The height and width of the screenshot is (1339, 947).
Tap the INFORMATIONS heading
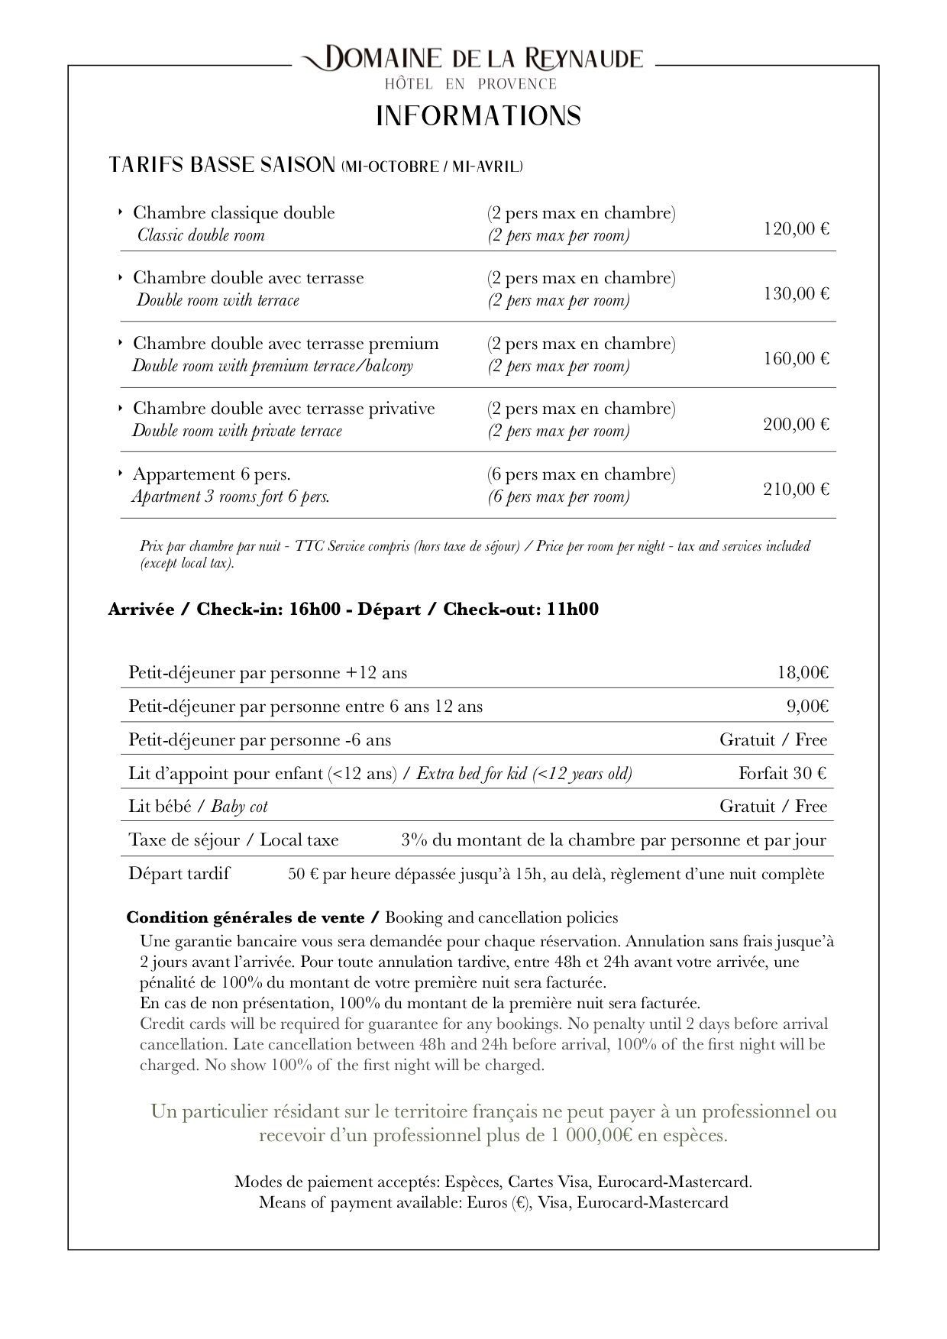(479, 116)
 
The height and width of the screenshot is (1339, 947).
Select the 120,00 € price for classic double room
(796, 228)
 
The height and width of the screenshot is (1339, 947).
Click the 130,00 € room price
(796, 293)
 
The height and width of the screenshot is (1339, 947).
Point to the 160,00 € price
(796, 358)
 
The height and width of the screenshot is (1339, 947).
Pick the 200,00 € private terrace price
(796, 424)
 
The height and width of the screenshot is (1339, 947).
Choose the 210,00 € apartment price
(796, 489)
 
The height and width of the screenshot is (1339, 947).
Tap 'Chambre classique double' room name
(234, 212)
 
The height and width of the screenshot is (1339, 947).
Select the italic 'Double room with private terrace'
(237, 431)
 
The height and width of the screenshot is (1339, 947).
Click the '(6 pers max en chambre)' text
(581, 474)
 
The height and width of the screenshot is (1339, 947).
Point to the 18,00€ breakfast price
(803, 673)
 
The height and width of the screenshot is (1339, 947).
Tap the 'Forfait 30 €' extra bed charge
(782, 773)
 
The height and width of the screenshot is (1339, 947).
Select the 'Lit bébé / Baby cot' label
(198, 807)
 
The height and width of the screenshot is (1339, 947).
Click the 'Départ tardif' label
(179, 873)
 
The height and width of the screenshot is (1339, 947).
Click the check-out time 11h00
(573, 610)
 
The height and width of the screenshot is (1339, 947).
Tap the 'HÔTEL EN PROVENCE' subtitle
(470, 84)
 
